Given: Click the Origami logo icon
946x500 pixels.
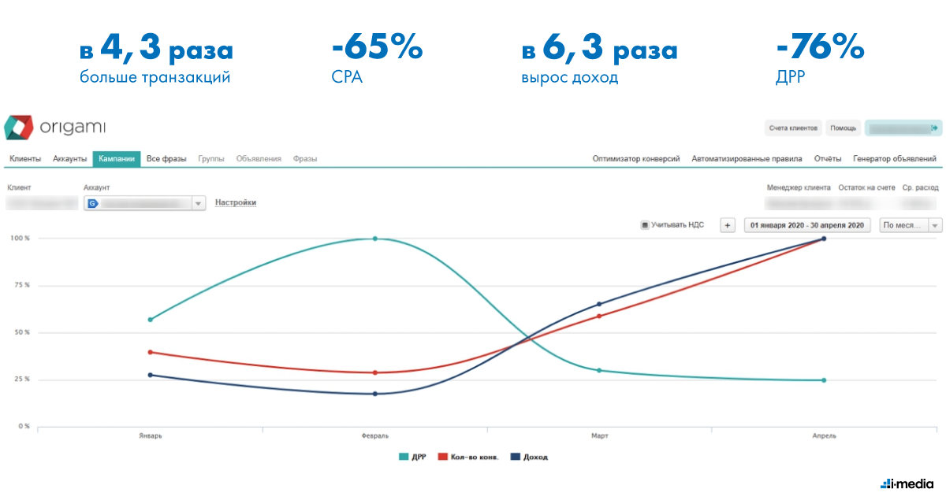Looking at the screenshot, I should [x=19, y=128].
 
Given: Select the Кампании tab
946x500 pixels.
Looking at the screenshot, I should [x=116, y=158].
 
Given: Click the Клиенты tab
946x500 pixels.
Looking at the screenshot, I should [x=25, y=158].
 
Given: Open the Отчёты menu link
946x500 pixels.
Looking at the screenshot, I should [x=828, y=158].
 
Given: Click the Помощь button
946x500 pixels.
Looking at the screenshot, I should [x=843, y=128].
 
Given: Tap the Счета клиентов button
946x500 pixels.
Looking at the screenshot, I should [x=793, y=128].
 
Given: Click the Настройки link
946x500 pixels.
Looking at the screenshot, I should [x=236, y=202].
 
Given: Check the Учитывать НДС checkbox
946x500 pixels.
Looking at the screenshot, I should [x=645, y=225].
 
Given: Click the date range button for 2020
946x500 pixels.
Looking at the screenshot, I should [x=808, y=225].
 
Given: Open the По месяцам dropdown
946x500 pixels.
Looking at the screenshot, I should [x=911, y=225].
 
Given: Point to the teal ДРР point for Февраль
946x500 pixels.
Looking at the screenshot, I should [x=374, y=239].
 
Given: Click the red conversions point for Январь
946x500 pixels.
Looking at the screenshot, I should [x=150, y=352].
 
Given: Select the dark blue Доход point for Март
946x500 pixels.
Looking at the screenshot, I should [x=599, y=304].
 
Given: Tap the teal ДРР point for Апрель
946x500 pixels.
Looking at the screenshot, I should [x=824, y=380].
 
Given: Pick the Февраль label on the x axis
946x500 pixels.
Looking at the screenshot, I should [x=374, y=435].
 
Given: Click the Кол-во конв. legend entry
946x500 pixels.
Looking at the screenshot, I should [x=470, y=457].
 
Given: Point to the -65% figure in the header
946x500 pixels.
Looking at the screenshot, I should [x=378, y=50].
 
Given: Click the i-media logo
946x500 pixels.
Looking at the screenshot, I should [x=907, y=482].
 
